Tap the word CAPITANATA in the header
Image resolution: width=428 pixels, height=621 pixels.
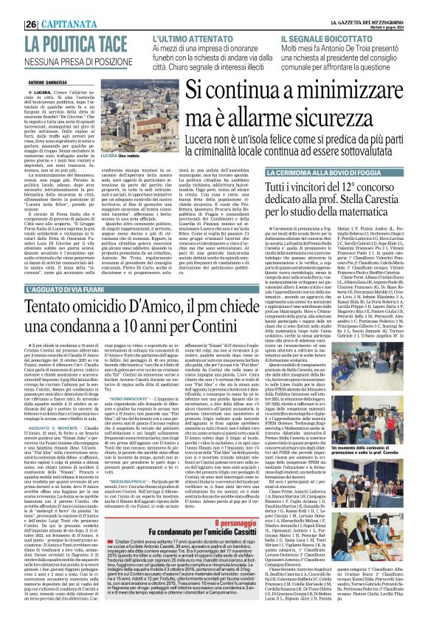point(46,7)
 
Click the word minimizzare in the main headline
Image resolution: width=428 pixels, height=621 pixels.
point(317,92)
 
